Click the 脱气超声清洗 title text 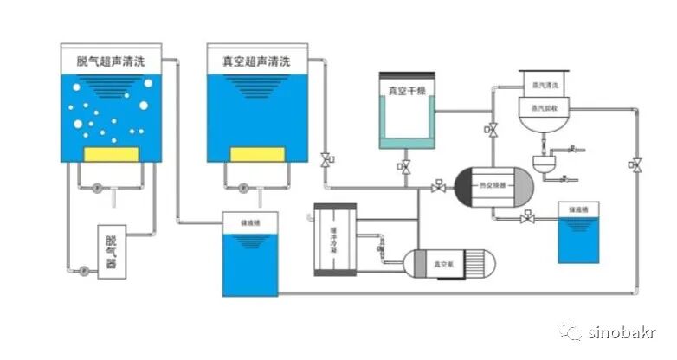click(x=111, y=61)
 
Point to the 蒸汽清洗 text click(x=542, y=85)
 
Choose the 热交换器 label click(x=492, y=185)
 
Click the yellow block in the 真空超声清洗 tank click(x=257, y=154)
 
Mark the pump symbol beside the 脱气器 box click(x=84, y=270)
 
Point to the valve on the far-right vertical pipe click(x=636, y=164)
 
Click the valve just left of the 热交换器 click(x=439, y=186)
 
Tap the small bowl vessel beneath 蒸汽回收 click(x=545, y=164)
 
